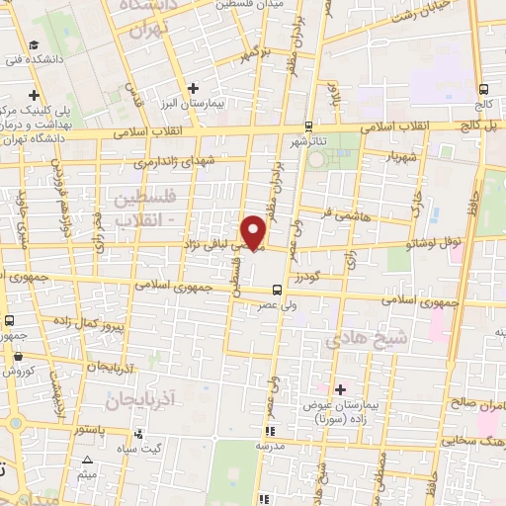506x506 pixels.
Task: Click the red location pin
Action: pos(255,231)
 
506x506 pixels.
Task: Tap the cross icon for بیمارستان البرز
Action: pos(196,88)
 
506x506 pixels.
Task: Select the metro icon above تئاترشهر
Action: pos(309,126)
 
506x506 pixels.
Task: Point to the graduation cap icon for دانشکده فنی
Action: pos(35,45)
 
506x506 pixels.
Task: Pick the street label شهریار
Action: pos(383,157)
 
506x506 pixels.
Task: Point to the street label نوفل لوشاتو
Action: pos(428,239)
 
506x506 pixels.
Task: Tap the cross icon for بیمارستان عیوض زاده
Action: pos(341,388)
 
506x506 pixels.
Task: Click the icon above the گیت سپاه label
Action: pos(139,434)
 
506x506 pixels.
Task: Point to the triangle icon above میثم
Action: pos(88,461)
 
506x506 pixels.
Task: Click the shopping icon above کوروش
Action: pos(17,353)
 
